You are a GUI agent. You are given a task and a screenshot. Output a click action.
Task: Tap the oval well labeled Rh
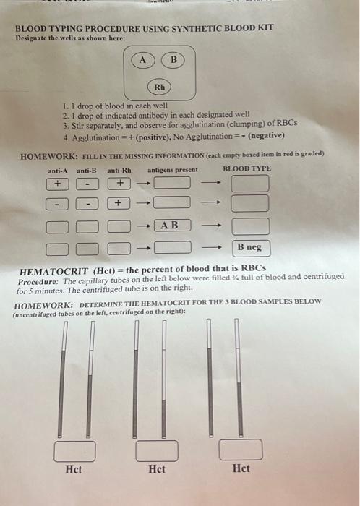point(160,88)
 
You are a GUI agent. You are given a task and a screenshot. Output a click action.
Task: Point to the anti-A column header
point(57,170)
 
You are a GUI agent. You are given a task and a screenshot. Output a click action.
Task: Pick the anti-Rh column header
point(119,170)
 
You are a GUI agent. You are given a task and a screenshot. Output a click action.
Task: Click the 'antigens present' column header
point(173,170)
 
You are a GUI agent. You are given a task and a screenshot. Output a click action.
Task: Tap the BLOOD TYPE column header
point(247,168)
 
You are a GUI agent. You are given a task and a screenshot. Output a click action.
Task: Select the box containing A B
point(171,226)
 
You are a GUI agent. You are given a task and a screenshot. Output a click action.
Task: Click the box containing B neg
point(249,248)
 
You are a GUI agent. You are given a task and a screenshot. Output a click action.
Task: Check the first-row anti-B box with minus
point(86,184)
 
